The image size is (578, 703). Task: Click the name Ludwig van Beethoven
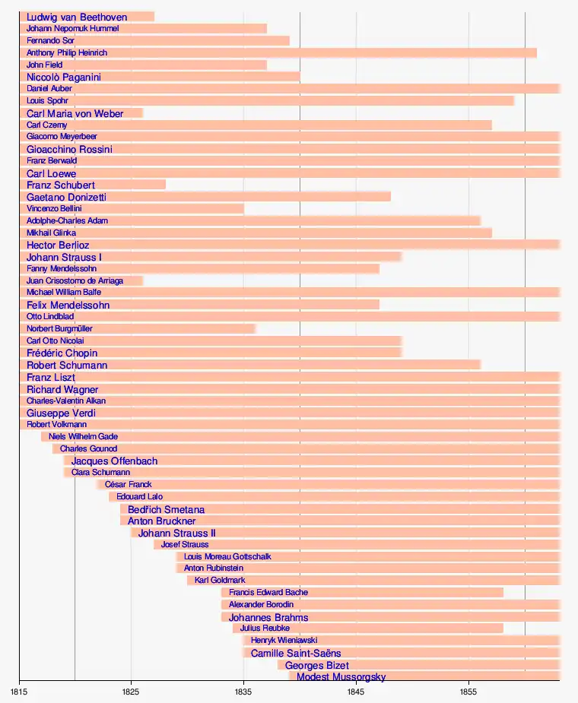click(x=77, y=17)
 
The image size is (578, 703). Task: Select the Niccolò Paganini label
click(x=64, y=77)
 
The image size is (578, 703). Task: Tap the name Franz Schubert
click(x=61, y=185)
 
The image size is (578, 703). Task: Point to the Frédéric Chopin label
click(x=62, y=353)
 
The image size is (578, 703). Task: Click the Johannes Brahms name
click(x=268, y=617)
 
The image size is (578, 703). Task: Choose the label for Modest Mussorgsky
click(x=341, y=676)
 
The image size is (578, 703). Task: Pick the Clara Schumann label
click(x=100, y=473)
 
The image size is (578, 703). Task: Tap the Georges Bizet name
click(x=316, y=665)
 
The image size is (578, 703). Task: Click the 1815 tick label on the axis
click(x=19, y=692)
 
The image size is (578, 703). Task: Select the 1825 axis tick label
click(x=131, y=692)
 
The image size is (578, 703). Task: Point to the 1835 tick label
click(x=243, y=692)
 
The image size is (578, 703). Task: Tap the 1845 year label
click(x=356, y=692)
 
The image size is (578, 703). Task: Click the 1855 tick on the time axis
click(x=468, y=692)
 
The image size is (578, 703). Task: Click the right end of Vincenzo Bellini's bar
click(x=244, y=208)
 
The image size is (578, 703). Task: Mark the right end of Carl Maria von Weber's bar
click(x=143, y=113)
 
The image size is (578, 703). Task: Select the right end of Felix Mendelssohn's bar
click(x=379, y=305)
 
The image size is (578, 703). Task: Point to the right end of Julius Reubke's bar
click(x=503, y=629)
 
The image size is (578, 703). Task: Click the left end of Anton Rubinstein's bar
click(x=176, y=568)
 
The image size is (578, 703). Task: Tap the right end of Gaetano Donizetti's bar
click(x=390, y=197)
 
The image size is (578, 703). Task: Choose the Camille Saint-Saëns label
click(x=296, y=653)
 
